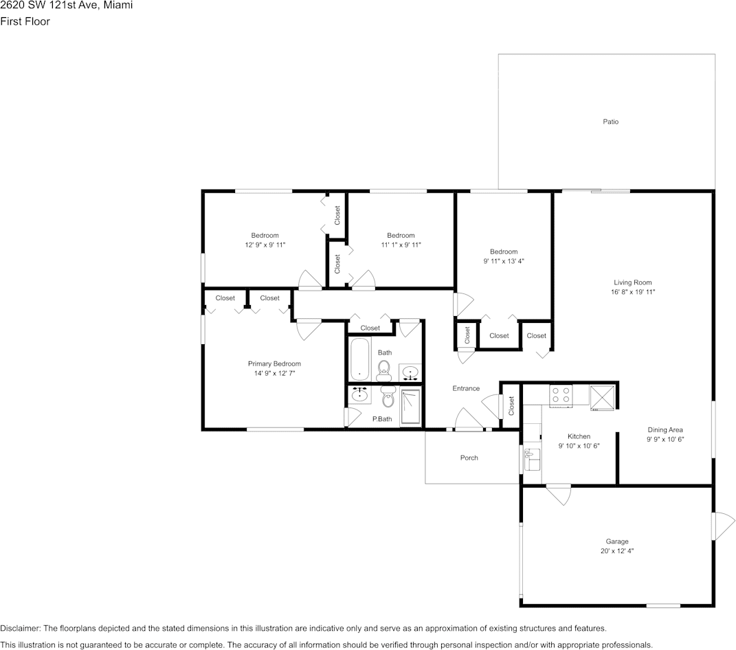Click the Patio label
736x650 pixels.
pos(610,122)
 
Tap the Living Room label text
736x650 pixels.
pos(632,282)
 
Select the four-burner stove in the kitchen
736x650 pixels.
pos(561,395)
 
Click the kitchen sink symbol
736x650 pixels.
pos(531,460)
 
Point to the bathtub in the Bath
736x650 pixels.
pos(360,359)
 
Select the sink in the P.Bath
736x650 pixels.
pos(359,394)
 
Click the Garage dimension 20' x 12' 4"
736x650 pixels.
pos(616,551)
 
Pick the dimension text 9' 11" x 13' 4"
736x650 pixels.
pos(503,261)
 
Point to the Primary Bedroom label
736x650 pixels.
pos(274,363)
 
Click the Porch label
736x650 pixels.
pos(469,458)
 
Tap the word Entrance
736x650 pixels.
pos(465,388)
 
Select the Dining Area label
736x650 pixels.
pos(665,429)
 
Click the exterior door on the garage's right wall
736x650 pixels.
pos(722,526)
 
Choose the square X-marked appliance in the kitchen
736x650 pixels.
pos(603,396)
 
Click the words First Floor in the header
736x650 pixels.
pos(25,21)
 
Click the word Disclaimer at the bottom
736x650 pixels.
pos(20,628)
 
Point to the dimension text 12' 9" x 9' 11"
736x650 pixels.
pos(265,245)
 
